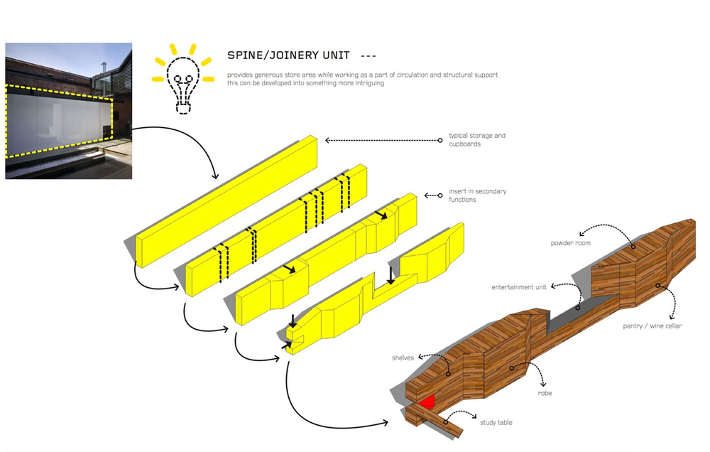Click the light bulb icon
[x=183, y=80]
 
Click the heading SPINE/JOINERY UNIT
[x=288, y=55]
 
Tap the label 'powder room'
[x=571, y=243]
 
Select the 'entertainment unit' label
[x=519, y=287]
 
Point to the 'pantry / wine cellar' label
[x=652, y=326]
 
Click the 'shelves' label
[x=403, y=357]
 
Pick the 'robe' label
[x=545, y=393]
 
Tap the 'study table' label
[x=496, y=423]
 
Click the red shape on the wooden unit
[x=427, y=402]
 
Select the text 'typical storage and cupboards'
[x=477, y=139]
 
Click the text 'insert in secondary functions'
[x=477, y=195]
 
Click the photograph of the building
[x=69, y=111]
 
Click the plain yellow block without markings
[x=226, y=201]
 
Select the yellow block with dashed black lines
[x=276, y=230]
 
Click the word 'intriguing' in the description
[x=368, y=83]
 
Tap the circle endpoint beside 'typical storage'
[x=439, y=141]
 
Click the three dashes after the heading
[x=368, y=56]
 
